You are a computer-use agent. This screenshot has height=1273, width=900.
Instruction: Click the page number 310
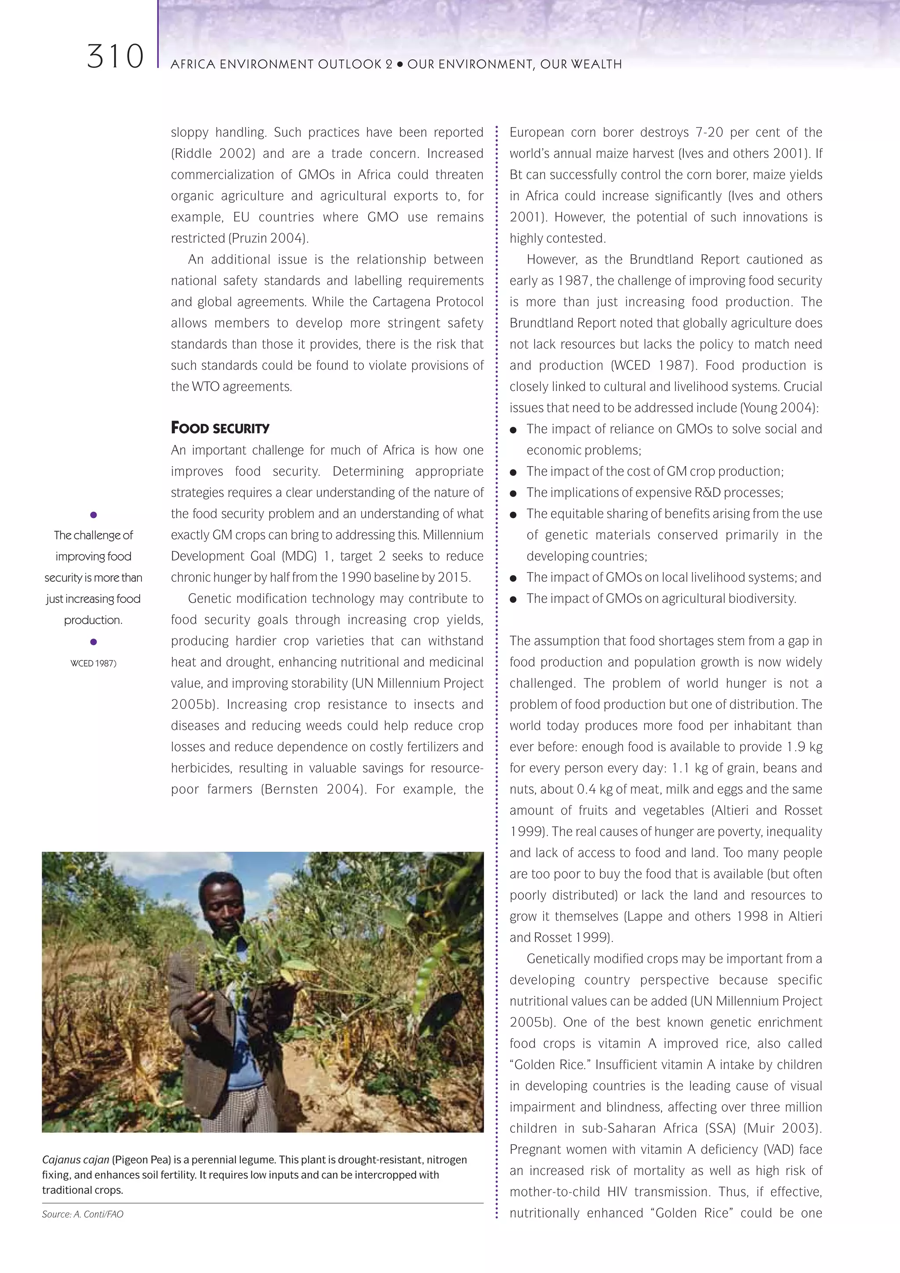pos(115,57)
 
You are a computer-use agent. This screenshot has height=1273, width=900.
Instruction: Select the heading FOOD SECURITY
pos(220,428)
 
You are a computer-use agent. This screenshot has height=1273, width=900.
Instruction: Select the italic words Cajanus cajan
pos(76,1160)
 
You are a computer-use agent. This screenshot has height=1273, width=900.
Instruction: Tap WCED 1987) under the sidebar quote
pos(93,663)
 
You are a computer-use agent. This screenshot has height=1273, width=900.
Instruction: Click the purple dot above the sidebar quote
pos(93,515)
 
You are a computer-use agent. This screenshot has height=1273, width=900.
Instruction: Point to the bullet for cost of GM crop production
pos(513,472)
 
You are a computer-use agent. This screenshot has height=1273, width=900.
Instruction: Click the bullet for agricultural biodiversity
pos(513,599)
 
